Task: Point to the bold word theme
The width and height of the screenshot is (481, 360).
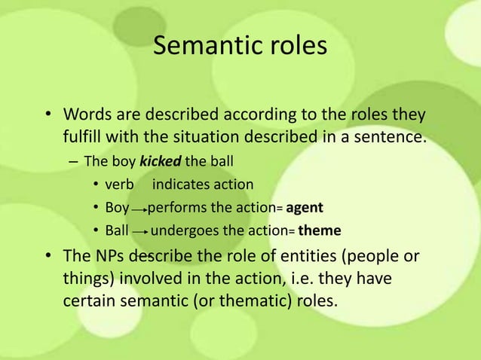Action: (320, 230)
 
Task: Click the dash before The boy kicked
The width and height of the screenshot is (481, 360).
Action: (72, 162)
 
